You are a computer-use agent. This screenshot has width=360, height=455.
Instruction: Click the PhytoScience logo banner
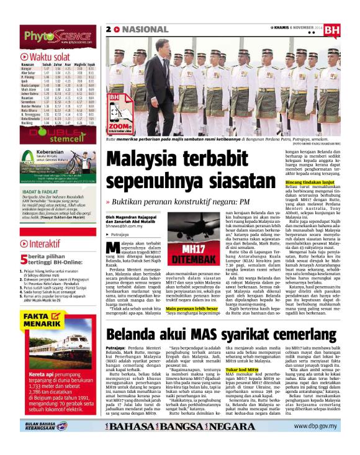click(x=50, y=19)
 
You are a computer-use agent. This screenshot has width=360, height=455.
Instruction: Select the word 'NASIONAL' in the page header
click(x=142, y=29)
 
